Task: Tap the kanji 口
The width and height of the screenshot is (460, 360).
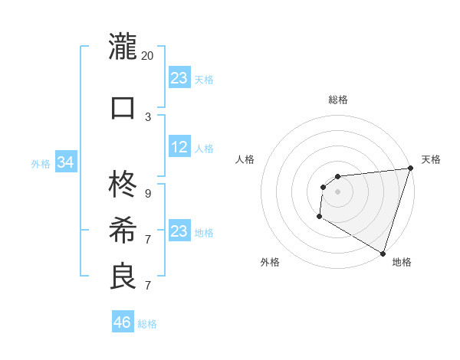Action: [x=123, y=106]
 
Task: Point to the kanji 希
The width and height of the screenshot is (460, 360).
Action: [x=123, y=229]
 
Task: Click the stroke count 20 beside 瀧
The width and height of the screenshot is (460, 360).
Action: [x=148, y=55]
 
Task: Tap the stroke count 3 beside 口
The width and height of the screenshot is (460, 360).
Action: [x=148, y=117]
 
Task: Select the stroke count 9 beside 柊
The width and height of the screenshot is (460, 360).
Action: [x=148, y=194]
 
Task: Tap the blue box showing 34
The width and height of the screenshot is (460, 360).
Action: [x=65, y=162]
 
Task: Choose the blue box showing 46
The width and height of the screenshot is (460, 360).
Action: [x=123, y=322]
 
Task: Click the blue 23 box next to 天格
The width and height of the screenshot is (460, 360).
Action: [x=179, y=77]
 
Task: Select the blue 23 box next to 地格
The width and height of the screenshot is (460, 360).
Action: [x=179, y=231]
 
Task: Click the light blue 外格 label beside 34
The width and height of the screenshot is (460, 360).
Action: [x=41, y=163]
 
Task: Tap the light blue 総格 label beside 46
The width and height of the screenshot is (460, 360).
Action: [x=147, y=324]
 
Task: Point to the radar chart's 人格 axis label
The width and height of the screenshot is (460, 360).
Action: [x=245, y=159]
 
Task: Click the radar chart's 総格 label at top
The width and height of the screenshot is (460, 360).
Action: [x=338, y=100]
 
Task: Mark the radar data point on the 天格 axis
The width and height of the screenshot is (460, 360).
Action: [x=410, y=169]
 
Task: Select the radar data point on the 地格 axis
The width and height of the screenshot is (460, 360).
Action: [x=383, y=253]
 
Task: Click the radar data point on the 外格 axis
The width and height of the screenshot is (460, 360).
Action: [x=319, y=218]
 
